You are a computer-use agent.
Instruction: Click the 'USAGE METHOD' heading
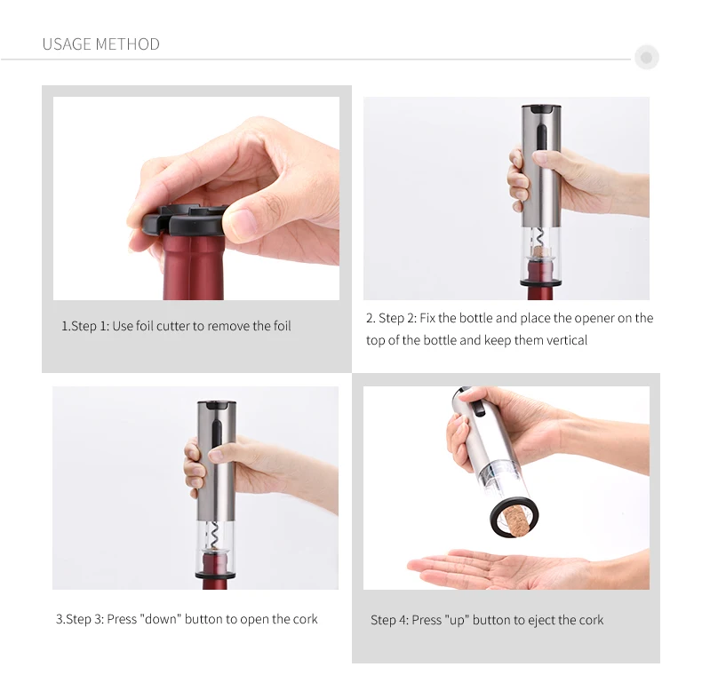[x=100, y=44]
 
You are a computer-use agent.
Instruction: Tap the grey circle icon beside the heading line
[x=646, y=59]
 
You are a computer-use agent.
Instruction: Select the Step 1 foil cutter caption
[x=176, y=326]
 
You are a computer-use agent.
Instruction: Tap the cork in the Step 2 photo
[x=540, y=263]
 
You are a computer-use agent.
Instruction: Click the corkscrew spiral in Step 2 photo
[x=537, y=238]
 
